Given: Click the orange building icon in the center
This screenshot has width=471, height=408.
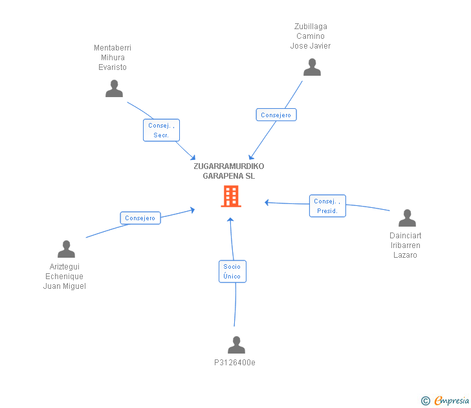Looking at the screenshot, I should click(x=231, y=196).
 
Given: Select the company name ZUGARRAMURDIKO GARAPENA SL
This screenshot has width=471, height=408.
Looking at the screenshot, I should click(x=229, y=171).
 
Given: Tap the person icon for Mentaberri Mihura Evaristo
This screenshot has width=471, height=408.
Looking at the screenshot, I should click(x=115, y=89).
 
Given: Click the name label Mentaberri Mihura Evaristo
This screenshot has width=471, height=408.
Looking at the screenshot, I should click(x=113, y=58).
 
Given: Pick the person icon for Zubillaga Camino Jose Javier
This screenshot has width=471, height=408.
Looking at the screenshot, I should click(x=312, y=67).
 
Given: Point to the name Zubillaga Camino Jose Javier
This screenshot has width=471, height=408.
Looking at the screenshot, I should click(x=311, y=36).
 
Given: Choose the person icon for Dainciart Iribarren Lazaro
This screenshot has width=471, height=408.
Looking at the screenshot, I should click(x=407, y=218).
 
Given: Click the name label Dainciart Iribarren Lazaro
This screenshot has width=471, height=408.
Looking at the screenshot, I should click(x=406, y=245).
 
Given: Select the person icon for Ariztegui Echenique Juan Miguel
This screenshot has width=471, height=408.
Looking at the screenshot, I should click(x=66, y=249).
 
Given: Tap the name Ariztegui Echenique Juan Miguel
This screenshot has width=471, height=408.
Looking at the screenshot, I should click(x=65, y=277).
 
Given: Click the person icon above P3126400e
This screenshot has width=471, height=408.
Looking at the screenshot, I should click(x=236, y=345).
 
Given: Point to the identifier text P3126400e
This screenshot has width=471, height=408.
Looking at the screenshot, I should click(x=235, y=363).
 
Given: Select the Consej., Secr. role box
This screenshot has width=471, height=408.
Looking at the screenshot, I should click(x=161, y=130).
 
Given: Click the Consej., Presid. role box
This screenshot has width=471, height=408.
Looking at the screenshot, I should click(x=327, y=206).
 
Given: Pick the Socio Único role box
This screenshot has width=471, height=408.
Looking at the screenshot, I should click(x=232, y=271).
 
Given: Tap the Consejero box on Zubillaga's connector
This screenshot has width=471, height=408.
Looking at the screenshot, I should click(x=276, y=115).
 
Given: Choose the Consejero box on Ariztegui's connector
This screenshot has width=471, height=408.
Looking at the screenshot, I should click(x=140, y=218).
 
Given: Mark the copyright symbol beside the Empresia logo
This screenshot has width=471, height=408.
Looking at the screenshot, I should click(x=425, y=401).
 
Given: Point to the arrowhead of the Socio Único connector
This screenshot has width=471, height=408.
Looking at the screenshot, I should click(x=230, y=220).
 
